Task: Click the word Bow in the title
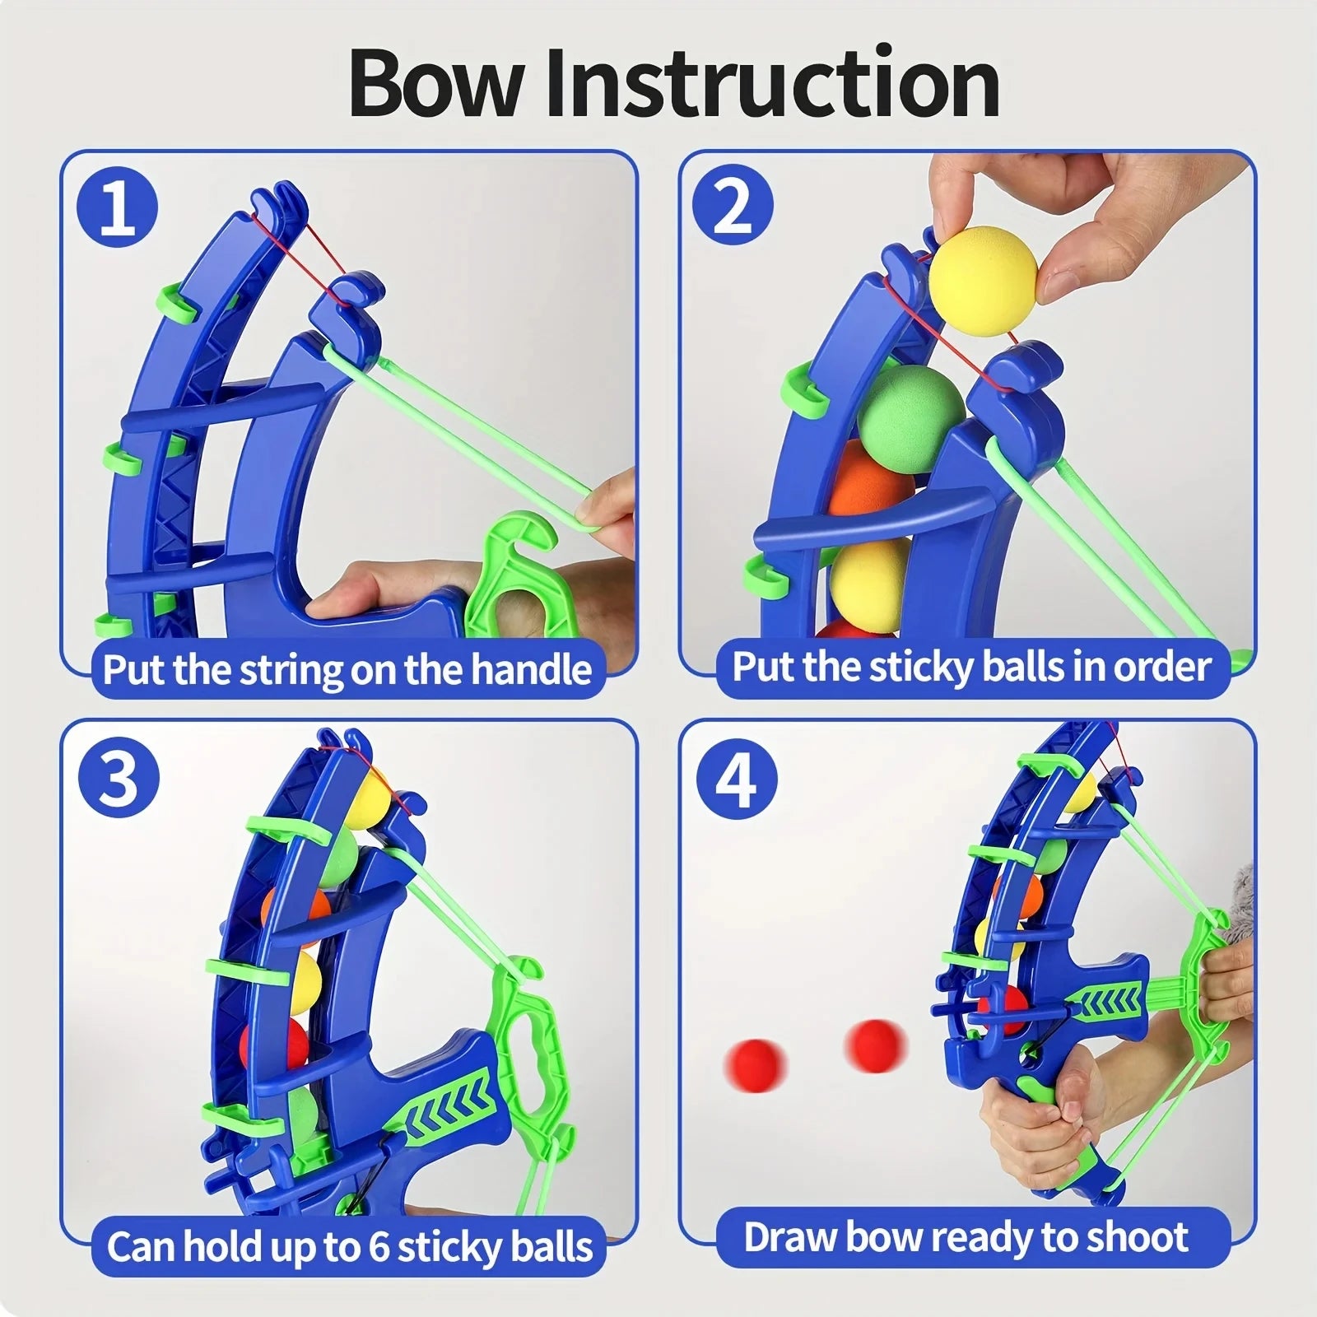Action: coord(435,84)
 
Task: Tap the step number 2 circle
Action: coord(732,207)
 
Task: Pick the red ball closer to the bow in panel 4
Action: coord(874,1045)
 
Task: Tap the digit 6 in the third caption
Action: coord(378,1247)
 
